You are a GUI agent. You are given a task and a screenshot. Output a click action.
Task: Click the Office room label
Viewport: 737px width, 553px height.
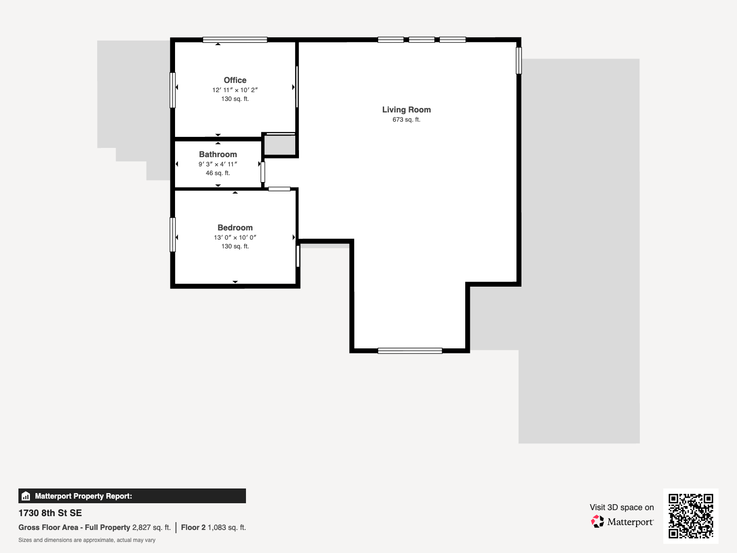tap(235, 80)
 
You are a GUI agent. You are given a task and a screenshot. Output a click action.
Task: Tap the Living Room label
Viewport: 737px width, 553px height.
tap(406, 110)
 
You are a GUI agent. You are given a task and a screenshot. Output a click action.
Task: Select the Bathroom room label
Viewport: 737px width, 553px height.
tap(218, 154)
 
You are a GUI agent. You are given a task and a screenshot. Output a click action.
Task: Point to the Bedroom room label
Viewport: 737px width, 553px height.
tap(235, 228)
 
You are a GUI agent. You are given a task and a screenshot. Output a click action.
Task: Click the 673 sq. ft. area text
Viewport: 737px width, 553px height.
tap(406, 119)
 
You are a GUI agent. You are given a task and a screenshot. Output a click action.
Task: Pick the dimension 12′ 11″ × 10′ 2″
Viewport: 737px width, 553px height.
tap(235, 90)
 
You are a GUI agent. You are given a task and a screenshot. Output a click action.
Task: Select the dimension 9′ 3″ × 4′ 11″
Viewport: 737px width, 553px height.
tap(218, 164)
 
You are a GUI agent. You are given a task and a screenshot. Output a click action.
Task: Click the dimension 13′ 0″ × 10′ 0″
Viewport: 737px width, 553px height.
tap(235, 237)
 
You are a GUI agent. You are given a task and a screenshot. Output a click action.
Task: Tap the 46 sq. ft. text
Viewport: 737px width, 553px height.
tap(218, 173)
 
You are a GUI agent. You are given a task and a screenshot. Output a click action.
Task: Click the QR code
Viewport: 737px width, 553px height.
tap(690, 516)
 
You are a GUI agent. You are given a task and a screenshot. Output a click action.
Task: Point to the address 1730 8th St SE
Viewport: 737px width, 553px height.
tap(50, 513)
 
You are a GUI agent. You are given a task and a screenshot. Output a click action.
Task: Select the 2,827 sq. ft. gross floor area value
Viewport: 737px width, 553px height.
tap(152, 528)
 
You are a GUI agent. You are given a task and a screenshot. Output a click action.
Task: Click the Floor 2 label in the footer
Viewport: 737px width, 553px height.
tap(193, 528)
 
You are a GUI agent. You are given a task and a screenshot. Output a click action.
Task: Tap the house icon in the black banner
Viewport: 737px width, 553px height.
tap(26, 496)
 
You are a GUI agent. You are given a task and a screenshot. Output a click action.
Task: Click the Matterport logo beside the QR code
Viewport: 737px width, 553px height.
tap(622, 522)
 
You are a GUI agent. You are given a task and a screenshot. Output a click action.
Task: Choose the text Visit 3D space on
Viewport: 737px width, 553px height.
tap(622, 507)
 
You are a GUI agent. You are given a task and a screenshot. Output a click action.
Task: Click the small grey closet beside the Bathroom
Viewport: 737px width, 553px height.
tap(280, 145)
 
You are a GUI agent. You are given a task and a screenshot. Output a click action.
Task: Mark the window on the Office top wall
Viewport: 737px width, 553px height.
tap(235, 40)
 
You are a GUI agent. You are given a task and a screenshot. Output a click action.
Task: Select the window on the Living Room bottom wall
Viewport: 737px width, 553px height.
tap(410, 351)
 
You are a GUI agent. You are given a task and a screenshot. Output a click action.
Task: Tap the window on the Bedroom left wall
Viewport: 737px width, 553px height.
tap(173, 235)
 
